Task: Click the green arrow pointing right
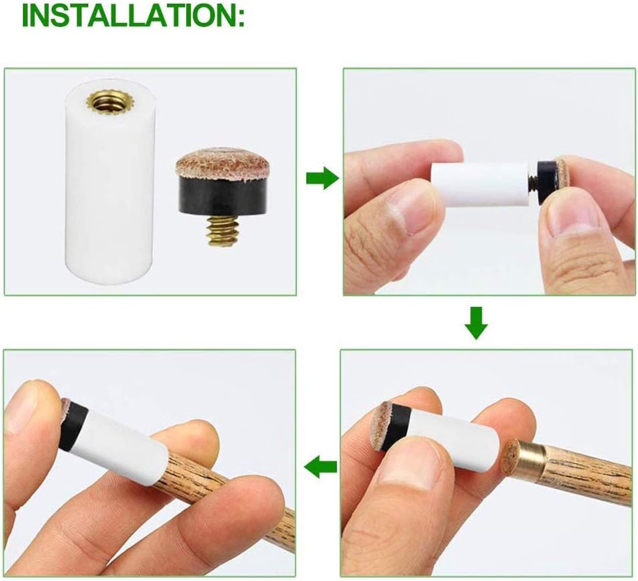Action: [x=322, y=178]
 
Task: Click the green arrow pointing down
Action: [x=476, y=323]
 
